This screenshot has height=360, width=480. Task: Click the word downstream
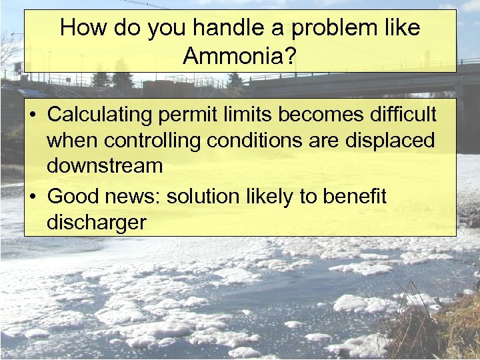(x=105, y=165)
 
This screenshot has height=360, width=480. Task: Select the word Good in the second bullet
(x=71, y=197)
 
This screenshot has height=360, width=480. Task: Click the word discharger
(x=96, y=223)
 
